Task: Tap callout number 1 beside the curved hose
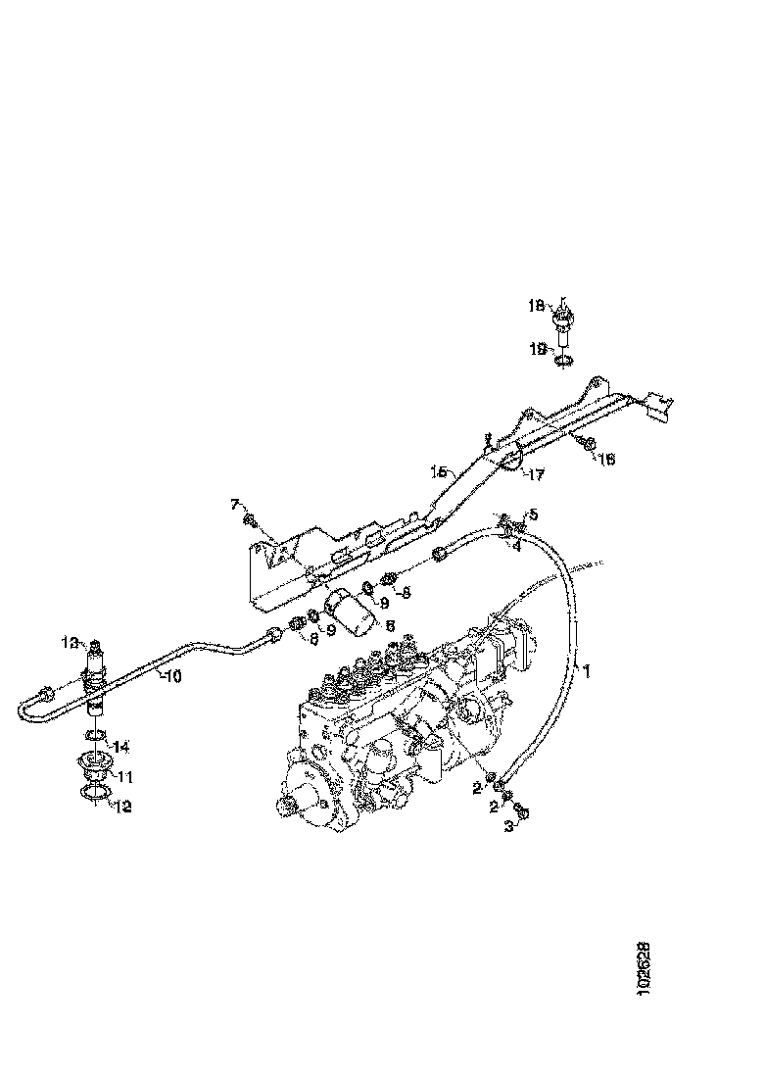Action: tap(587, 672)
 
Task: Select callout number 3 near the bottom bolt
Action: tap(508, 828)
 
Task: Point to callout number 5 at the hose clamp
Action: tap(533, 514)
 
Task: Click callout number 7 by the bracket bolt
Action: tap(235, 504)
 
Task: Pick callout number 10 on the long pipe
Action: tap(171, 676)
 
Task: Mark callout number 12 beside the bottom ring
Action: tap(123, 807)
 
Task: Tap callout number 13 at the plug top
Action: tap(70, 642)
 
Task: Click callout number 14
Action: tap(122, 747)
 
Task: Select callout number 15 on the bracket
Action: tap(438, 471)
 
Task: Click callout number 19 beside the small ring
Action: tap(538, 347)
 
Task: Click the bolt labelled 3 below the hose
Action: tap(521, 811)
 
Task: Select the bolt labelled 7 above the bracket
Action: tap(251, 519)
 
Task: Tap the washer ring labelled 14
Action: tap(95, 735)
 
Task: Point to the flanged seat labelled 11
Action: tap(93, 764)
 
